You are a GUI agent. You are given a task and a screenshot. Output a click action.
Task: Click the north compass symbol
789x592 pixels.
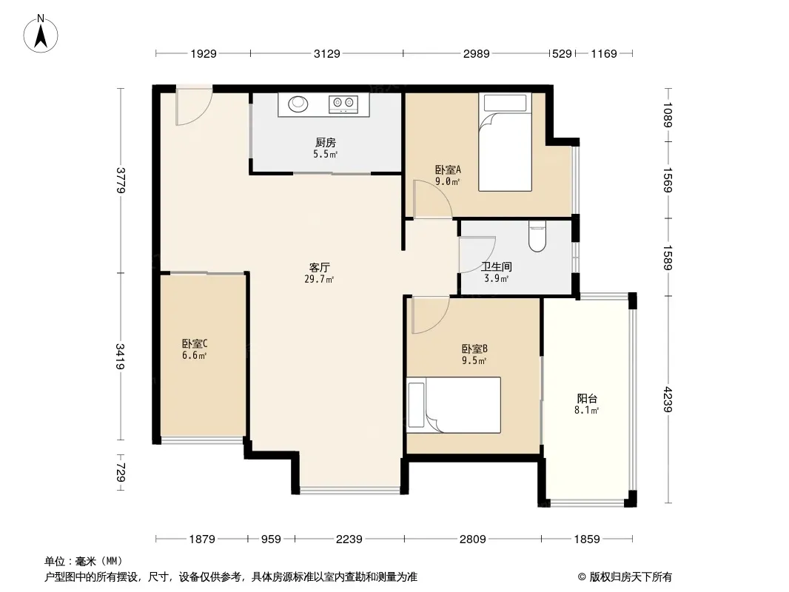[x=41, y=34]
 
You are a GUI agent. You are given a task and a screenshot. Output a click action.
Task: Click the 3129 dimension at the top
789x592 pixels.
[x=327, y=53]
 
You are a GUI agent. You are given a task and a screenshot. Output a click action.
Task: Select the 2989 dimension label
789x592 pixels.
[x=476, y=53]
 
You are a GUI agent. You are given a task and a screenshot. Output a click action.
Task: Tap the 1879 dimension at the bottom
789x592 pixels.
[x=202, y=539]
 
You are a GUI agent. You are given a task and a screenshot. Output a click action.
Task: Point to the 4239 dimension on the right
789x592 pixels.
[x=668, y=400]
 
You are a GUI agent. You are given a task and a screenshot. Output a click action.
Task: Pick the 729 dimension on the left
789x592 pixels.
[x=121, y=472]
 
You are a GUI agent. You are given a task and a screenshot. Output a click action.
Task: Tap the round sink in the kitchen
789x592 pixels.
[x=298, y=104]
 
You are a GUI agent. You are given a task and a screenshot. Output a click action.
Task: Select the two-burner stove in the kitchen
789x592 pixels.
[x=343, y=104]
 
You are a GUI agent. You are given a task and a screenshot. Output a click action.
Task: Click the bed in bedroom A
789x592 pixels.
[x=506, y=142]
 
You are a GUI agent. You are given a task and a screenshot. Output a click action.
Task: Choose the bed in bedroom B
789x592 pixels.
[x=454, y=405]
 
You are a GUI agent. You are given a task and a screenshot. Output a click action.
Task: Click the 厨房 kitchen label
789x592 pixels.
[x=326, y=143]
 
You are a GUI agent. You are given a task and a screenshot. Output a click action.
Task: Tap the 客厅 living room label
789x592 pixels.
[x=320, y=267]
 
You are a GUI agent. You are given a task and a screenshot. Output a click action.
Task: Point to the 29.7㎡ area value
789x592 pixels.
[x=319, y=279]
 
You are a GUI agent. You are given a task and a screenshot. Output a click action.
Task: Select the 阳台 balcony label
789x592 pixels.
[x=587, y=398]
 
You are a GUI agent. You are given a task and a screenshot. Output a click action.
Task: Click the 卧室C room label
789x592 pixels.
[x=195, y=343]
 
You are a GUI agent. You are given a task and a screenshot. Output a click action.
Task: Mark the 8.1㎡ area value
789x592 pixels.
[x=586, y=411]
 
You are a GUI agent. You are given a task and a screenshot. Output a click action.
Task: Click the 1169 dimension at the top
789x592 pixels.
[x=604, y=53]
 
